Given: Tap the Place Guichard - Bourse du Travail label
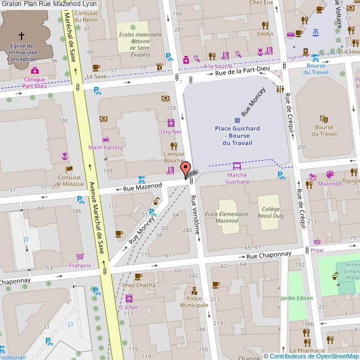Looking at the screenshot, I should pos(237,135).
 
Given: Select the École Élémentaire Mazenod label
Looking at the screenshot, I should pos(222,217).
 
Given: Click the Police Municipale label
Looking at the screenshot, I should pos(194,302).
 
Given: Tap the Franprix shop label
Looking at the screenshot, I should pos(80,265).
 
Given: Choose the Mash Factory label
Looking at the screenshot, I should pos(105,147).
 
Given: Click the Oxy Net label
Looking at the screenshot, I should pos(171,132).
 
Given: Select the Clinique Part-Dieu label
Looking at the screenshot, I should pos(34,83).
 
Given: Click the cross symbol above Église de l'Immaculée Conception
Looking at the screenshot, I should pos(22,34).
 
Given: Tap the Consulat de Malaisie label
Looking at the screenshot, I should pos(69,181).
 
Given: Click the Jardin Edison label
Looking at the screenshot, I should pos(297,297).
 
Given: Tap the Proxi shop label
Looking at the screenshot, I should pos(317,250).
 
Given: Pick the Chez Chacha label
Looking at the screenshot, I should pos(138,285).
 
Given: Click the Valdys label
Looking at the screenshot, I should pos(265,34).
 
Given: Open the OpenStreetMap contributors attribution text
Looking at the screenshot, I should pos(311,356).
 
